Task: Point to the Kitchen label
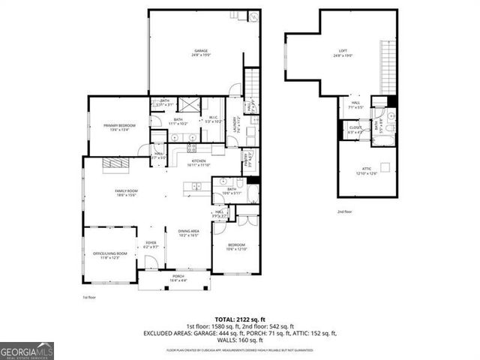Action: tap(199, 163)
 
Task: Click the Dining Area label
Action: tap(188, 233)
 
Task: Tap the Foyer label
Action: tap(150, 244)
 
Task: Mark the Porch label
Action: tap(178, 277)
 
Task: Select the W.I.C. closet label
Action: tap(213, 121)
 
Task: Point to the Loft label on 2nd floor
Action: tap(343, 53)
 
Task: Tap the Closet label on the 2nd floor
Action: tap(355, 130)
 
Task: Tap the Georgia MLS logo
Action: tap(27, 349)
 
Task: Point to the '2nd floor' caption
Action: tap(344, 212)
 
